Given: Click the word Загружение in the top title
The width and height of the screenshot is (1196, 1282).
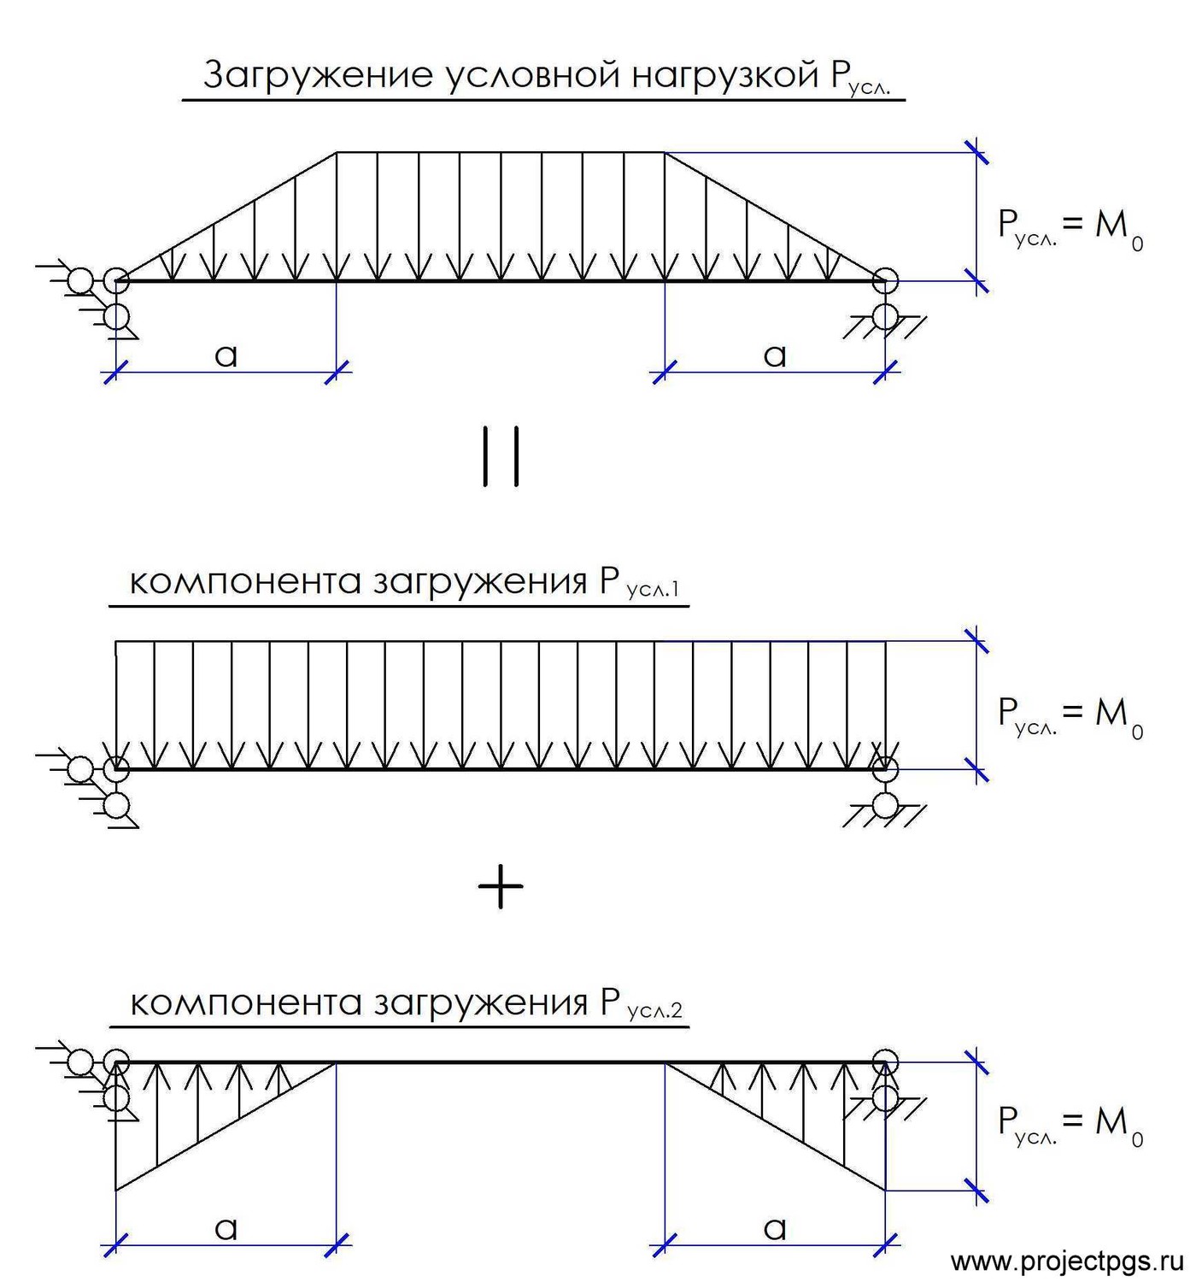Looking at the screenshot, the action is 318,75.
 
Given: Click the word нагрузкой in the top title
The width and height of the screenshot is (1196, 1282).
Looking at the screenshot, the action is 726,76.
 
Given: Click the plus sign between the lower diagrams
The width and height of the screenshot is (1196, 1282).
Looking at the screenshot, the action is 501,885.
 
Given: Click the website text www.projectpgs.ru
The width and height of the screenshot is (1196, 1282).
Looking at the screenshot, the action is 1067,1260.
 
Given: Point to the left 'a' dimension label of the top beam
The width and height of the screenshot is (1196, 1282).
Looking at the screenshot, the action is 226,355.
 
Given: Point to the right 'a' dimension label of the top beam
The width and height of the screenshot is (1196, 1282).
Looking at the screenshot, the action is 775,355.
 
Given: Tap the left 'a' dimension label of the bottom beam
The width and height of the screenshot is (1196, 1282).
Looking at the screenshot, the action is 226,1228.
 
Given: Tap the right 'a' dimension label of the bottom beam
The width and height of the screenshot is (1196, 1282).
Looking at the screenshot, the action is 775,1228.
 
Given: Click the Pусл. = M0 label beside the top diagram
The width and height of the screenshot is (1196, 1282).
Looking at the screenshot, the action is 1070,229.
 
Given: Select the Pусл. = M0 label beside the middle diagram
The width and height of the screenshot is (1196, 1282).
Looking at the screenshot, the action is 1070,716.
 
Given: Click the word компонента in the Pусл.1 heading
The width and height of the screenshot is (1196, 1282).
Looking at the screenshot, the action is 245,582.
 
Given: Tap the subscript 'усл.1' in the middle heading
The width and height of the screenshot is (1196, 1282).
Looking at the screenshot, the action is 653,589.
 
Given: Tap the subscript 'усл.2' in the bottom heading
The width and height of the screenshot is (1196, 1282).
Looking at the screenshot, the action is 654,1010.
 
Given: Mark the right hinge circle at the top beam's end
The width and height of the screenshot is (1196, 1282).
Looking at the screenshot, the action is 885,281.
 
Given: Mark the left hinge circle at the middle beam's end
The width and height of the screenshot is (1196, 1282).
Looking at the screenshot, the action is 117,769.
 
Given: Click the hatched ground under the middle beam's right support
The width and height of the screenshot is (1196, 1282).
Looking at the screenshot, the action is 885,816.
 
